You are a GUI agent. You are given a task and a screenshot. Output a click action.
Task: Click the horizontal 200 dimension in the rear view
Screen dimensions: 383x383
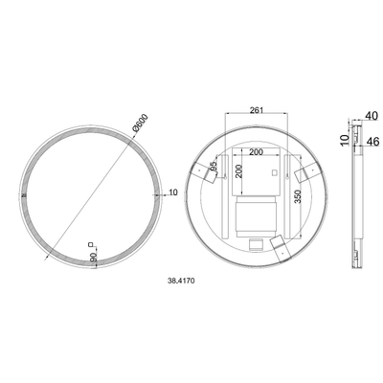pos(255,151)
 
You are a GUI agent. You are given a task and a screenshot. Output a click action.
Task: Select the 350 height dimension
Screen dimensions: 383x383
pos(298,199)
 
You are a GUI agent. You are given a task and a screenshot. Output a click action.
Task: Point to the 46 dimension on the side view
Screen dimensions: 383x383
pos(372,141)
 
